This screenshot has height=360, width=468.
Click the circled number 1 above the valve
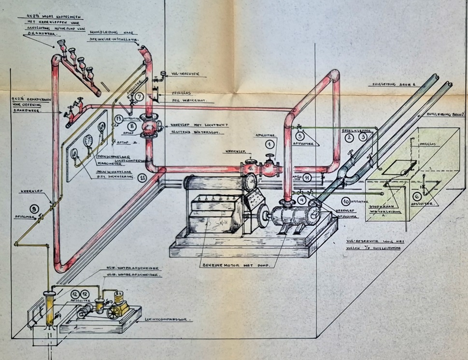270,143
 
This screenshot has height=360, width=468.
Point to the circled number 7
140,97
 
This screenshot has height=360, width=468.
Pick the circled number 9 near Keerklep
34,209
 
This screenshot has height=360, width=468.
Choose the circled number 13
118,118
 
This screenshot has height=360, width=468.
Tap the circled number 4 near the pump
301,199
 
